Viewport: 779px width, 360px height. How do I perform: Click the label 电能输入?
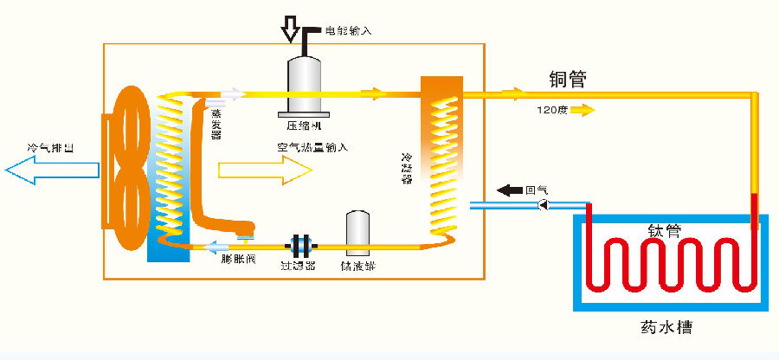coord(348,31)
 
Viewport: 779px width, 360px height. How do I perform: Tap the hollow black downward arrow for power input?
coord(290,29)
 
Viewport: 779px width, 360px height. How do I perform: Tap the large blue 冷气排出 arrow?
coord(52,170)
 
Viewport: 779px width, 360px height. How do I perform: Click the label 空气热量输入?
coord(312,147)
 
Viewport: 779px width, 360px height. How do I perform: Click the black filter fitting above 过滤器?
coord(300,244)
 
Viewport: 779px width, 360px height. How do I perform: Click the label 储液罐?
coord(358,267)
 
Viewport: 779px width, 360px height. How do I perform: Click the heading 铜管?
coord(568,80)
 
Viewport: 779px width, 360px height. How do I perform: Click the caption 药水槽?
coord(665,329)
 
